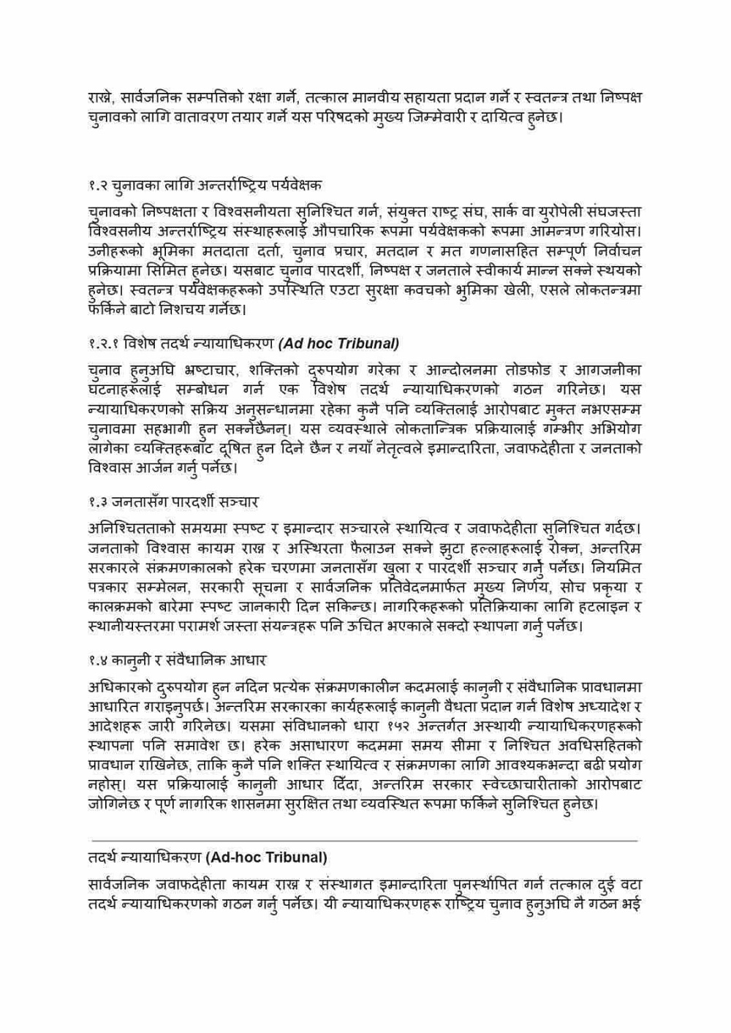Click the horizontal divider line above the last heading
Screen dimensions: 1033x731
pyautogui.click(x=363, y=841)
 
